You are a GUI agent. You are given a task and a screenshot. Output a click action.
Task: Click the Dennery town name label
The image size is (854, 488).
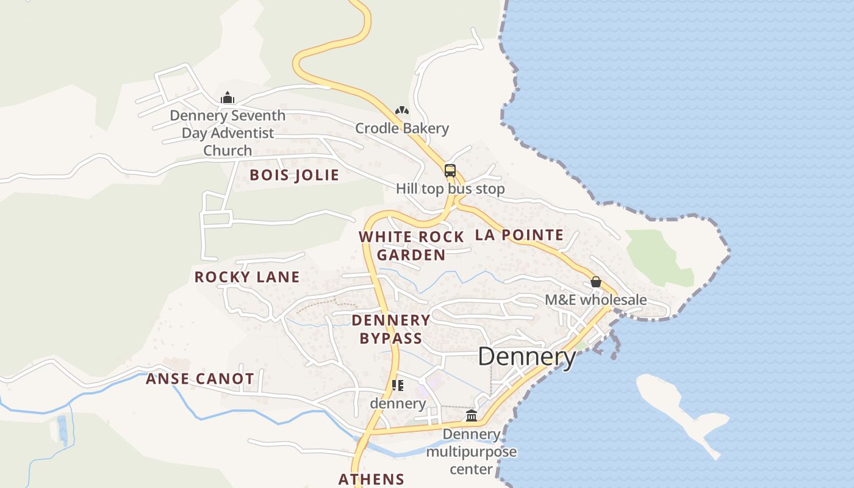tap(526, 357)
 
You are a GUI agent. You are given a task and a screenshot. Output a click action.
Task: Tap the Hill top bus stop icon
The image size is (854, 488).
tap(450, 171)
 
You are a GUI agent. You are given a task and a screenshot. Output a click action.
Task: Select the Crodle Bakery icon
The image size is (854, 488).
tap(401, 111)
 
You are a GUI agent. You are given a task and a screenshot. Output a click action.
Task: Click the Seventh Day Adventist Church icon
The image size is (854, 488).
tap(228, 98)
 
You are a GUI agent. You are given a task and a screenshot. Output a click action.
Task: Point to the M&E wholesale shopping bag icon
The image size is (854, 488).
tap(596, 282)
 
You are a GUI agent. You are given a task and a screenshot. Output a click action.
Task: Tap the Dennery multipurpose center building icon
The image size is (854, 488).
tap(471, 416)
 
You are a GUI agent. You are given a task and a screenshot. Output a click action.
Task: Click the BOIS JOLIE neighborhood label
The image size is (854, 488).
tap(294, 175)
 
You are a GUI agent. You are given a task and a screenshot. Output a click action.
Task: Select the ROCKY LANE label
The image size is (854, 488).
tap(247, 277)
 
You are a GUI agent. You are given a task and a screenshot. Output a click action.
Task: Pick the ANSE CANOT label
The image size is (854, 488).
tap(199, 379)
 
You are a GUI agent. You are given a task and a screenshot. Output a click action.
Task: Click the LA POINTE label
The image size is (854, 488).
tap(519, 235)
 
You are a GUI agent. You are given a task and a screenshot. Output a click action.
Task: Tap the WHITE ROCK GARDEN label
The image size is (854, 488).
tap(411, 246)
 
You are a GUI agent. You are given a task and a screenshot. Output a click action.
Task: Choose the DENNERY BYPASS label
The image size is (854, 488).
tap(391, 329)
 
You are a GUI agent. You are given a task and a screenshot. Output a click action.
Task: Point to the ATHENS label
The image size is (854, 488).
tap(371, 479)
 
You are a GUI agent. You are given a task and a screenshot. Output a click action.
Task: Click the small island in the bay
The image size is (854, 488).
tap(677, 409)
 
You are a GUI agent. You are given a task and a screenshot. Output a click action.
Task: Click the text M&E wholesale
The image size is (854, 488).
tap(595, 300)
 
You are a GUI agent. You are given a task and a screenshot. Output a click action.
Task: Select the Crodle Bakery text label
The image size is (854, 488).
tap(402, 128)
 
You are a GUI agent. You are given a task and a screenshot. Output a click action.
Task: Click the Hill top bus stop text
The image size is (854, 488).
tap(450, 188)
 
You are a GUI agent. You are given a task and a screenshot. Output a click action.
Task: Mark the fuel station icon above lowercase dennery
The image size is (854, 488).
tap(398, 386)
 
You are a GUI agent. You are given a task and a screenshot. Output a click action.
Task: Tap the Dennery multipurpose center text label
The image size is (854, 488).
tap(471, 451)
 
